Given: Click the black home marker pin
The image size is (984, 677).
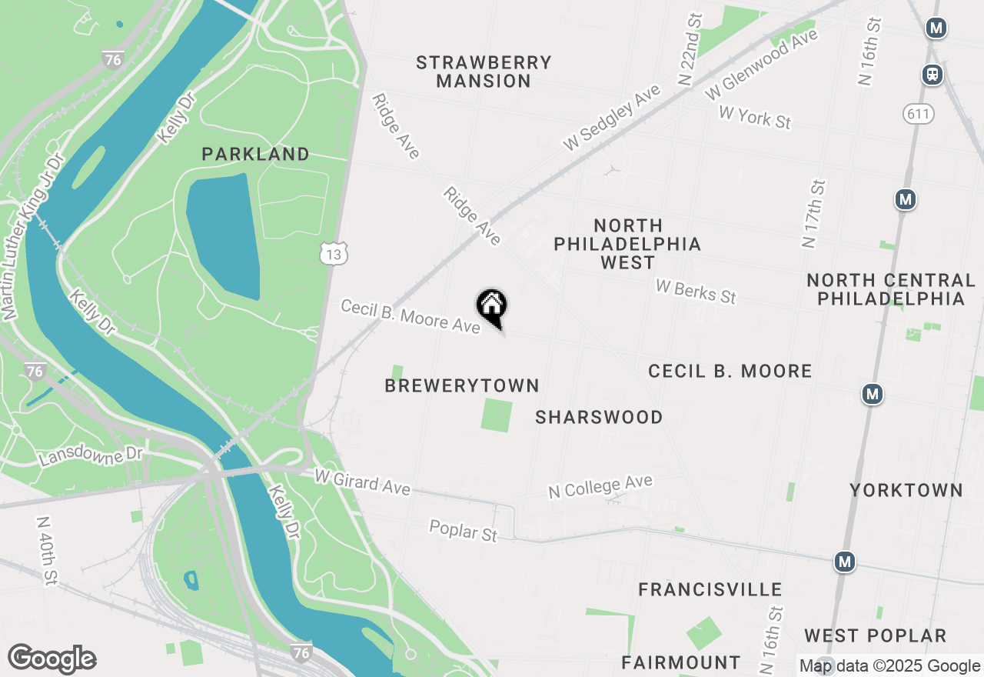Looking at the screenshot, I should tap(492, 307).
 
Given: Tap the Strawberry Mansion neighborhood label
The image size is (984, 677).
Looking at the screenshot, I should tap(484, 72).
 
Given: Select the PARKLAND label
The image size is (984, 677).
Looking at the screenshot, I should tap(256, 155).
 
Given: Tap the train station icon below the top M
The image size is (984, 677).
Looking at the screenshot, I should tap(932, 75).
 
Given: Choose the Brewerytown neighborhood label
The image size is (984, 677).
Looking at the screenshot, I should tap(462, 386).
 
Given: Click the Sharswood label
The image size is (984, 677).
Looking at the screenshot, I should tap(599, 418).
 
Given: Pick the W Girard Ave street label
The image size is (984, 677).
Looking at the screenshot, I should tap(362, 482).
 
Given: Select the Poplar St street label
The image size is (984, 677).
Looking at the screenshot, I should tap(464, 531).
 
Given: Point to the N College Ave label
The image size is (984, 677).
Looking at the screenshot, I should tap(600, 486).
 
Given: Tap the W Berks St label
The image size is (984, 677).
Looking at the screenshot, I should tap(696, 291).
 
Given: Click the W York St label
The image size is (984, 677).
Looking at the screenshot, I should tap(754, 118).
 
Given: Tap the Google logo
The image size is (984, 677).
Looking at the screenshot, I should tap(52, 659).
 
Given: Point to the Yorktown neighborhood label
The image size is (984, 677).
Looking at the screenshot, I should tap(906, 491).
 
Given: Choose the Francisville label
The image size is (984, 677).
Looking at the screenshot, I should tap(710, 590).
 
